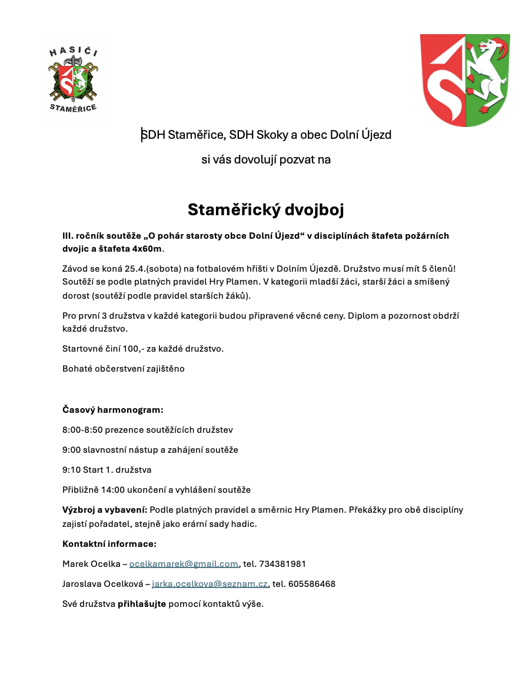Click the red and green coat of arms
465,80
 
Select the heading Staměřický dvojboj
265,209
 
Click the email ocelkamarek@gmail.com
184,564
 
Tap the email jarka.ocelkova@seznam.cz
210,584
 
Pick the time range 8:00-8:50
82,430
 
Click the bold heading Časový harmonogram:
112,409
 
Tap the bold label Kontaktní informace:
109,544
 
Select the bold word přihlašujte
142,604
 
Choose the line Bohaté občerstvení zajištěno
124,369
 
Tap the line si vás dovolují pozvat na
265,159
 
